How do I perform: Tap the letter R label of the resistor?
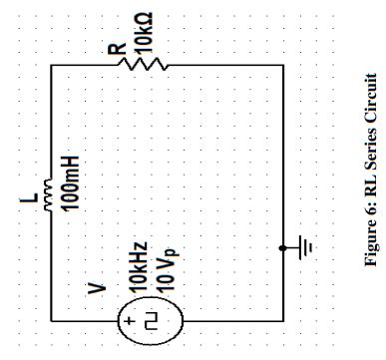[117, 47]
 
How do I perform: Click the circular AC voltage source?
[150, 320]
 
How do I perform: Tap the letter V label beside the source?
[96, 288]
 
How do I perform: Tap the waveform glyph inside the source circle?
[156, 320]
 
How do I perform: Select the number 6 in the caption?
[368, 237]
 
